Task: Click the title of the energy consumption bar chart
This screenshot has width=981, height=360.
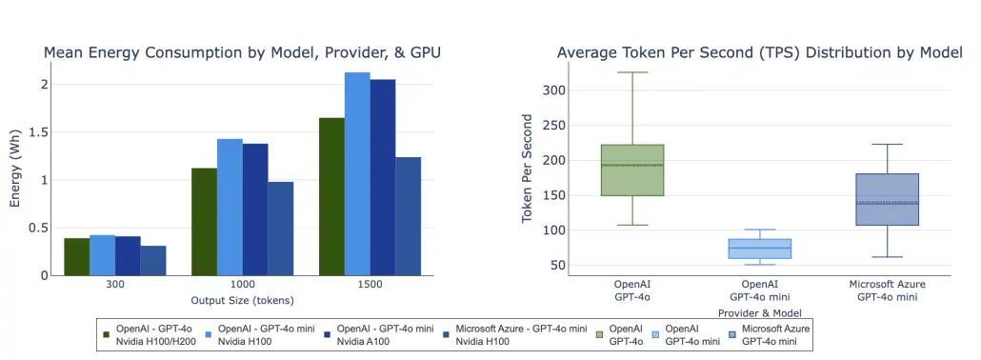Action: [x=242, y=52]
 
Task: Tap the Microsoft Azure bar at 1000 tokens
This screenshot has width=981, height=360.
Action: [x=280, y=229]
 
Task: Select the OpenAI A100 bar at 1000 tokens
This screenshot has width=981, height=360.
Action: [x=255, y=210]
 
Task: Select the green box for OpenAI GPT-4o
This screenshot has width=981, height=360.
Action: [x=632, y=170]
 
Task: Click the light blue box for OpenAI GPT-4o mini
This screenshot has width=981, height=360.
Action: [x=760, y=249]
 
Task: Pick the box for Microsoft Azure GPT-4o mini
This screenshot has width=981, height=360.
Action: [x=887, y=199]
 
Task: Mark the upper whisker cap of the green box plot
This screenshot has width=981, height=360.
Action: [x=632, y=72]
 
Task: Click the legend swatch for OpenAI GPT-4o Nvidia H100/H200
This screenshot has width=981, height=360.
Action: [x=108, y=333]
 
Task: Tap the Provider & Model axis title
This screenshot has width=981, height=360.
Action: [x=758, y=311]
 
